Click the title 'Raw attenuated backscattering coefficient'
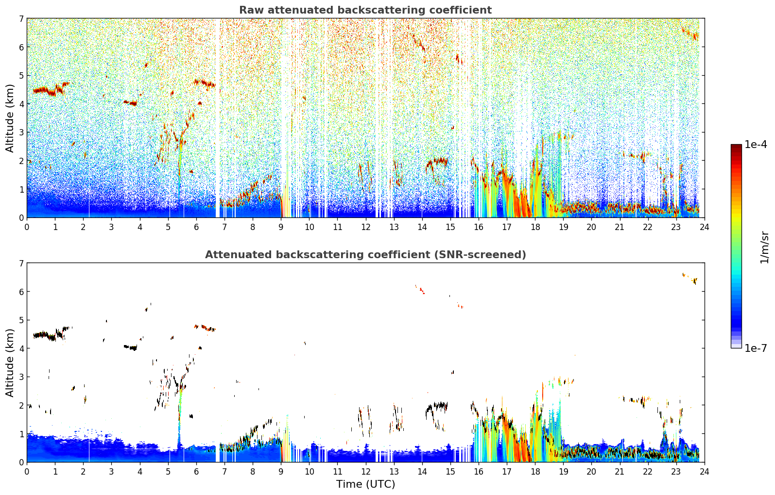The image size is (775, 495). pyautogui.click(x=365, y=10)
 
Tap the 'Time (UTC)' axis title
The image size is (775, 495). pyautogui.click(x=365, y=484)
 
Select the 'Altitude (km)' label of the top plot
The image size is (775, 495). pyautogui.click(x=10, y=118)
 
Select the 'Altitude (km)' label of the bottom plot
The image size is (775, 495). pyautogui.click(x=10, y=363)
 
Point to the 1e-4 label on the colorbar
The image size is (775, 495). pyautogui.click(x=756, y=145)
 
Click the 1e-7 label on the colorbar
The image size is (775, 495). pyautogui.click(x=756, y=348)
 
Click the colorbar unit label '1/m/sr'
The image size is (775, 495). pyautogui.click(x=764, y=247)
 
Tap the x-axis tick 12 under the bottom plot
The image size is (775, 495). pyautogui.click(x=365, y=471)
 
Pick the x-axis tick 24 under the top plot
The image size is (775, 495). pyautogui.click(x=704, y=227)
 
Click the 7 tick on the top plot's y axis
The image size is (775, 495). pyautogui.click(x=21, y=19)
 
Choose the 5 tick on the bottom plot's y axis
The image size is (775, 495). pyautogui.click(x=21, y=320)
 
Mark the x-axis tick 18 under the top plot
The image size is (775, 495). pyautogui.click(x=535, y=227)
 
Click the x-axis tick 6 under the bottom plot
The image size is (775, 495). pyautogui.click(x=196, y=471)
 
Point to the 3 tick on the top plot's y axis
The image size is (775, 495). pyautogui.click(x=21, y=132)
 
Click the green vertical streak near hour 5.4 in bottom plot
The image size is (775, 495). pyautogui.click(x=180, y=403)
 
